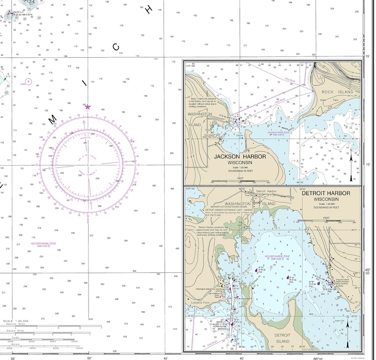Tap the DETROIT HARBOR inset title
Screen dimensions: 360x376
(x=325, y=193)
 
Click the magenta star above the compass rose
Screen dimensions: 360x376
(x=88, y=107)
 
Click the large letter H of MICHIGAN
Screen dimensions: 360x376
(x=150, y=9)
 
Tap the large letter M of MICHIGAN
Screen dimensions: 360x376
(x=52, y=118)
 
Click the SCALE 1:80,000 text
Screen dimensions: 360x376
(x=16, y=321)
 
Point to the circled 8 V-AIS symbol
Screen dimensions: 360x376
(x=28, y=81)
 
